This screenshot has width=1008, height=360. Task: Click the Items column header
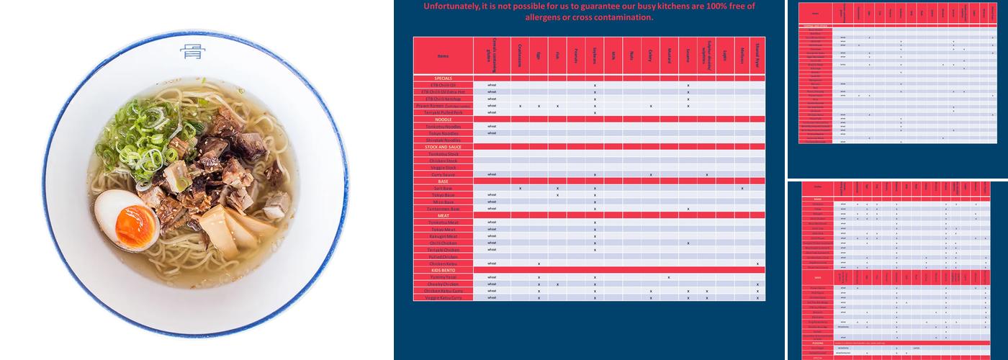point(443,55)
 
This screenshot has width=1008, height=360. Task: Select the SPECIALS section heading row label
point(443,78)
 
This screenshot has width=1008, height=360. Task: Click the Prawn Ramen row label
point(443,106)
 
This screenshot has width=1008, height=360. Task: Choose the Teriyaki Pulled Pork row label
point(443,112)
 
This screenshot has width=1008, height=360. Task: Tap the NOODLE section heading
point(443,120)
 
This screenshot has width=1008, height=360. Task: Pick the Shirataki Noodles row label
point(443,140)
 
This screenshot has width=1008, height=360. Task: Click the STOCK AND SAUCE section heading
point(443,147)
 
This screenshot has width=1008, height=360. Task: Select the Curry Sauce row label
point(443,174)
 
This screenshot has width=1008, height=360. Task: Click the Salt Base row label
point(443,188)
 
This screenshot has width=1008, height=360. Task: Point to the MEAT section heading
point(443,215)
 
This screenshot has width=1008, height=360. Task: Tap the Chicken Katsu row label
point(443,264)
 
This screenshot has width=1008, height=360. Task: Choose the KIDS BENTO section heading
point(443,270)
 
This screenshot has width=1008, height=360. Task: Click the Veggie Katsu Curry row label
point(443,297)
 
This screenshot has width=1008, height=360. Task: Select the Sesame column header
point(688,55)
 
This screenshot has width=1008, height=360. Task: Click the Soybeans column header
point(595,55)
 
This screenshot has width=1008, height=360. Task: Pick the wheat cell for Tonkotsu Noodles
point(492,126)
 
